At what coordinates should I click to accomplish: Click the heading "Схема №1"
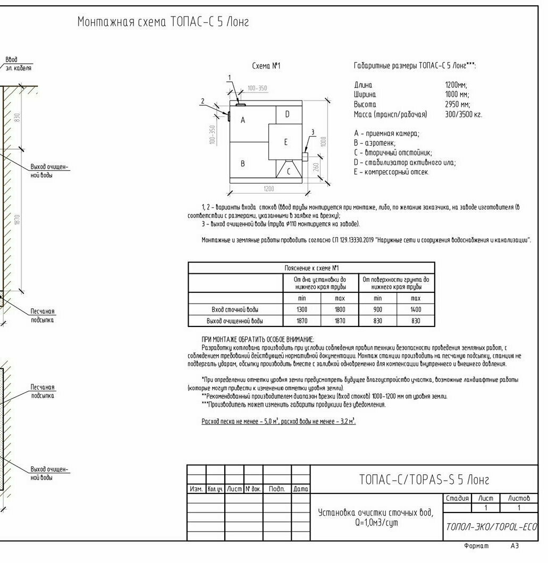(x=266, y=66)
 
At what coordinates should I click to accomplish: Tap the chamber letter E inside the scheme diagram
(x=285, y=142)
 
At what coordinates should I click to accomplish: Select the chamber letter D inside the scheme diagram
(x=287, y=114)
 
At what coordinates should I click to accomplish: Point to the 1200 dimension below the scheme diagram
(x=269, y=189)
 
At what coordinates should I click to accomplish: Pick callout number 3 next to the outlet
(x=313, y=132)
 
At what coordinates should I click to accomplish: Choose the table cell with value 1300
(x=302, y=309)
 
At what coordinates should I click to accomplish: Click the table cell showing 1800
(x=340, y=309)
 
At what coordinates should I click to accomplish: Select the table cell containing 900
(x=377, y=309)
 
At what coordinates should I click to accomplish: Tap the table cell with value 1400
(x=416, y=309)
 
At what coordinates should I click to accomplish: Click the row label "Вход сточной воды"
(x=235, y=309)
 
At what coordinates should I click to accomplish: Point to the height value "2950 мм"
(x=457, y=104)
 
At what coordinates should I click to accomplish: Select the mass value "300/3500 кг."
(x=463, y=114)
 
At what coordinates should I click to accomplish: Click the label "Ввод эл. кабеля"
(x=18, y=64)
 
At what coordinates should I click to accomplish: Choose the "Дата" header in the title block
(x=301, y=489)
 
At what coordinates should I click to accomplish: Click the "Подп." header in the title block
(x=277, y=489)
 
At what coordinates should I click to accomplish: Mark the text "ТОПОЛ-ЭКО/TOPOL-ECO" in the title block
(x=491, y=527)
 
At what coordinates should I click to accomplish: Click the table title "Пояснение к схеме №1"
(x=311, y=268)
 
